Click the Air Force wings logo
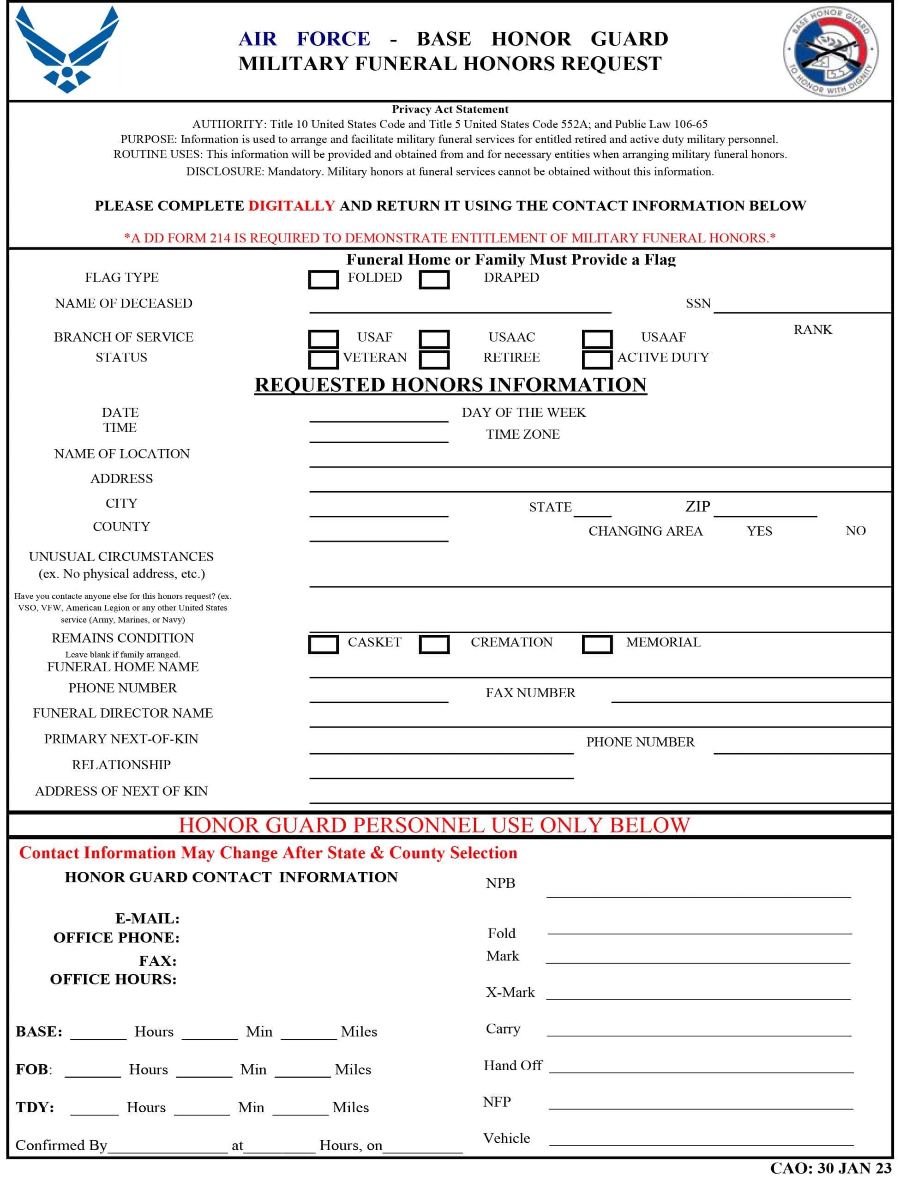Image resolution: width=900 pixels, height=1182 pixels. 67,50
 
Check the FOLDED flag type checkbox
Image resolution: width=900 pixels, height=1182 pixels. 323,280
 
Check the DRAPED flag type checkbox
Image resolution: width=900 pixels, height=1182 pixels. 434,280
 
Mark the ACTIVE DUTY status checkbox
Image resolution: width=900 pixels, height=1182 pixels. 597,360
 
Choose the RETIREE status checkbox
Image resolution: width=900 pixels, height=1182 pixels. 434,360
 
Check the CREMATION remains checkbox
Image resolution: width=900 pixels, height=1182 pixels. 434,644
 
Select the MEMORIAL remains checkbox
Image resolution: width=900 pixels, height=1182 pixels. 597,644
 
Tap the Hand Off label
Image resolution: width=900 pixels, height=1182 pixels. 513,1066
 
